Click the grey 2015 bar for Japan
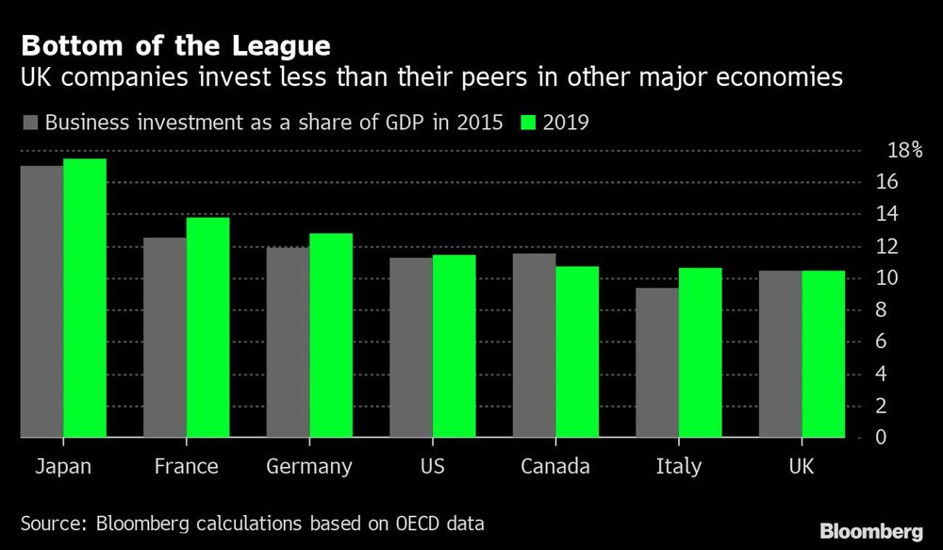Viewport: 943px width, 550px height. [41, 302]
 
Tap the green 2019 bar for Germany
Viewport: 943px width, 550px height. [331, 336]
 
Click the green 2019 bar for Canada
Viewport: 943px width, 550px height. [577, 353]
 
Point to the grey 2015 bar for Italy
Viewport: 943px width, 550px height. [657, 363]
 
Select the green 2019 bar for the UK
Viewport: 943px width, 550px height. [823, 355]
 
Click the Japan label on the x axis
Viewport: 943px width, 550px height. [62, 467]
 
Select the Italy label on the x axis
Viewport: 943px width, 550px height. [679, 467]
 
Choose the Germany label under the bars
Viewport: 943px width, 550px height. [309, 467]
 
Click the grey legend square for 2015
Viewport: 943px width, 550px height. [30, 122]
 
